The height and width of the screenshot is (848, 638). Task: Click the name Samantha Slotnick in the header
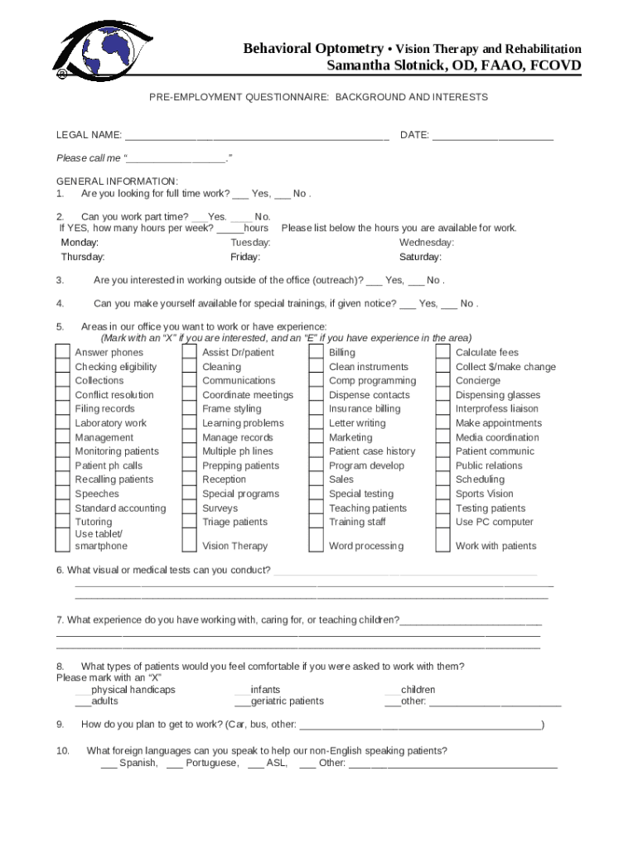click(453, 66)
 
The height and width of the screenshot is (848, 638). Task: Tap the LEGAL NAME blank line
click(257, 136)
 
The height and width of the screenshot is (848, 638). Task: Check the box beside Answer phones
click(63, 353)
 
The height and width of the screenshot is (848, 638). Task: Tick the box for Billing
click(317, 353)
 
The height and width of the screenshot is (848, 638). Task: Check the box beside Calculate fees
click(443, 353)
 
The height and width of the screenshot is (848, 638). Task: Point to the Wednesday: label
click(426, 243)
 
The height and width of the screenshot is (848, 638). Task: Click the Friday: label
click(244, 257)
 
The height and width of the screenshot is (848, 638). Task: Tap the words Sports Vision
click(484, 494)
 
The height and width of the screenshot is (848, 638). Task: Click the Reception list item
click(224, 479)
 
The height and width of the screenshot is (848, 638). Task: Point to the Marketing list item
click(350, 437)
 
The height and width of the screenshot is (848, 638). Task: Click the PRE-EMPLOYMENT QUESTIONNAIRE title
click(318, 97)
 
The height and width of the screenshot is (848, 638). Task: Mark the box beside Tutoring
click(63, 522)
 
